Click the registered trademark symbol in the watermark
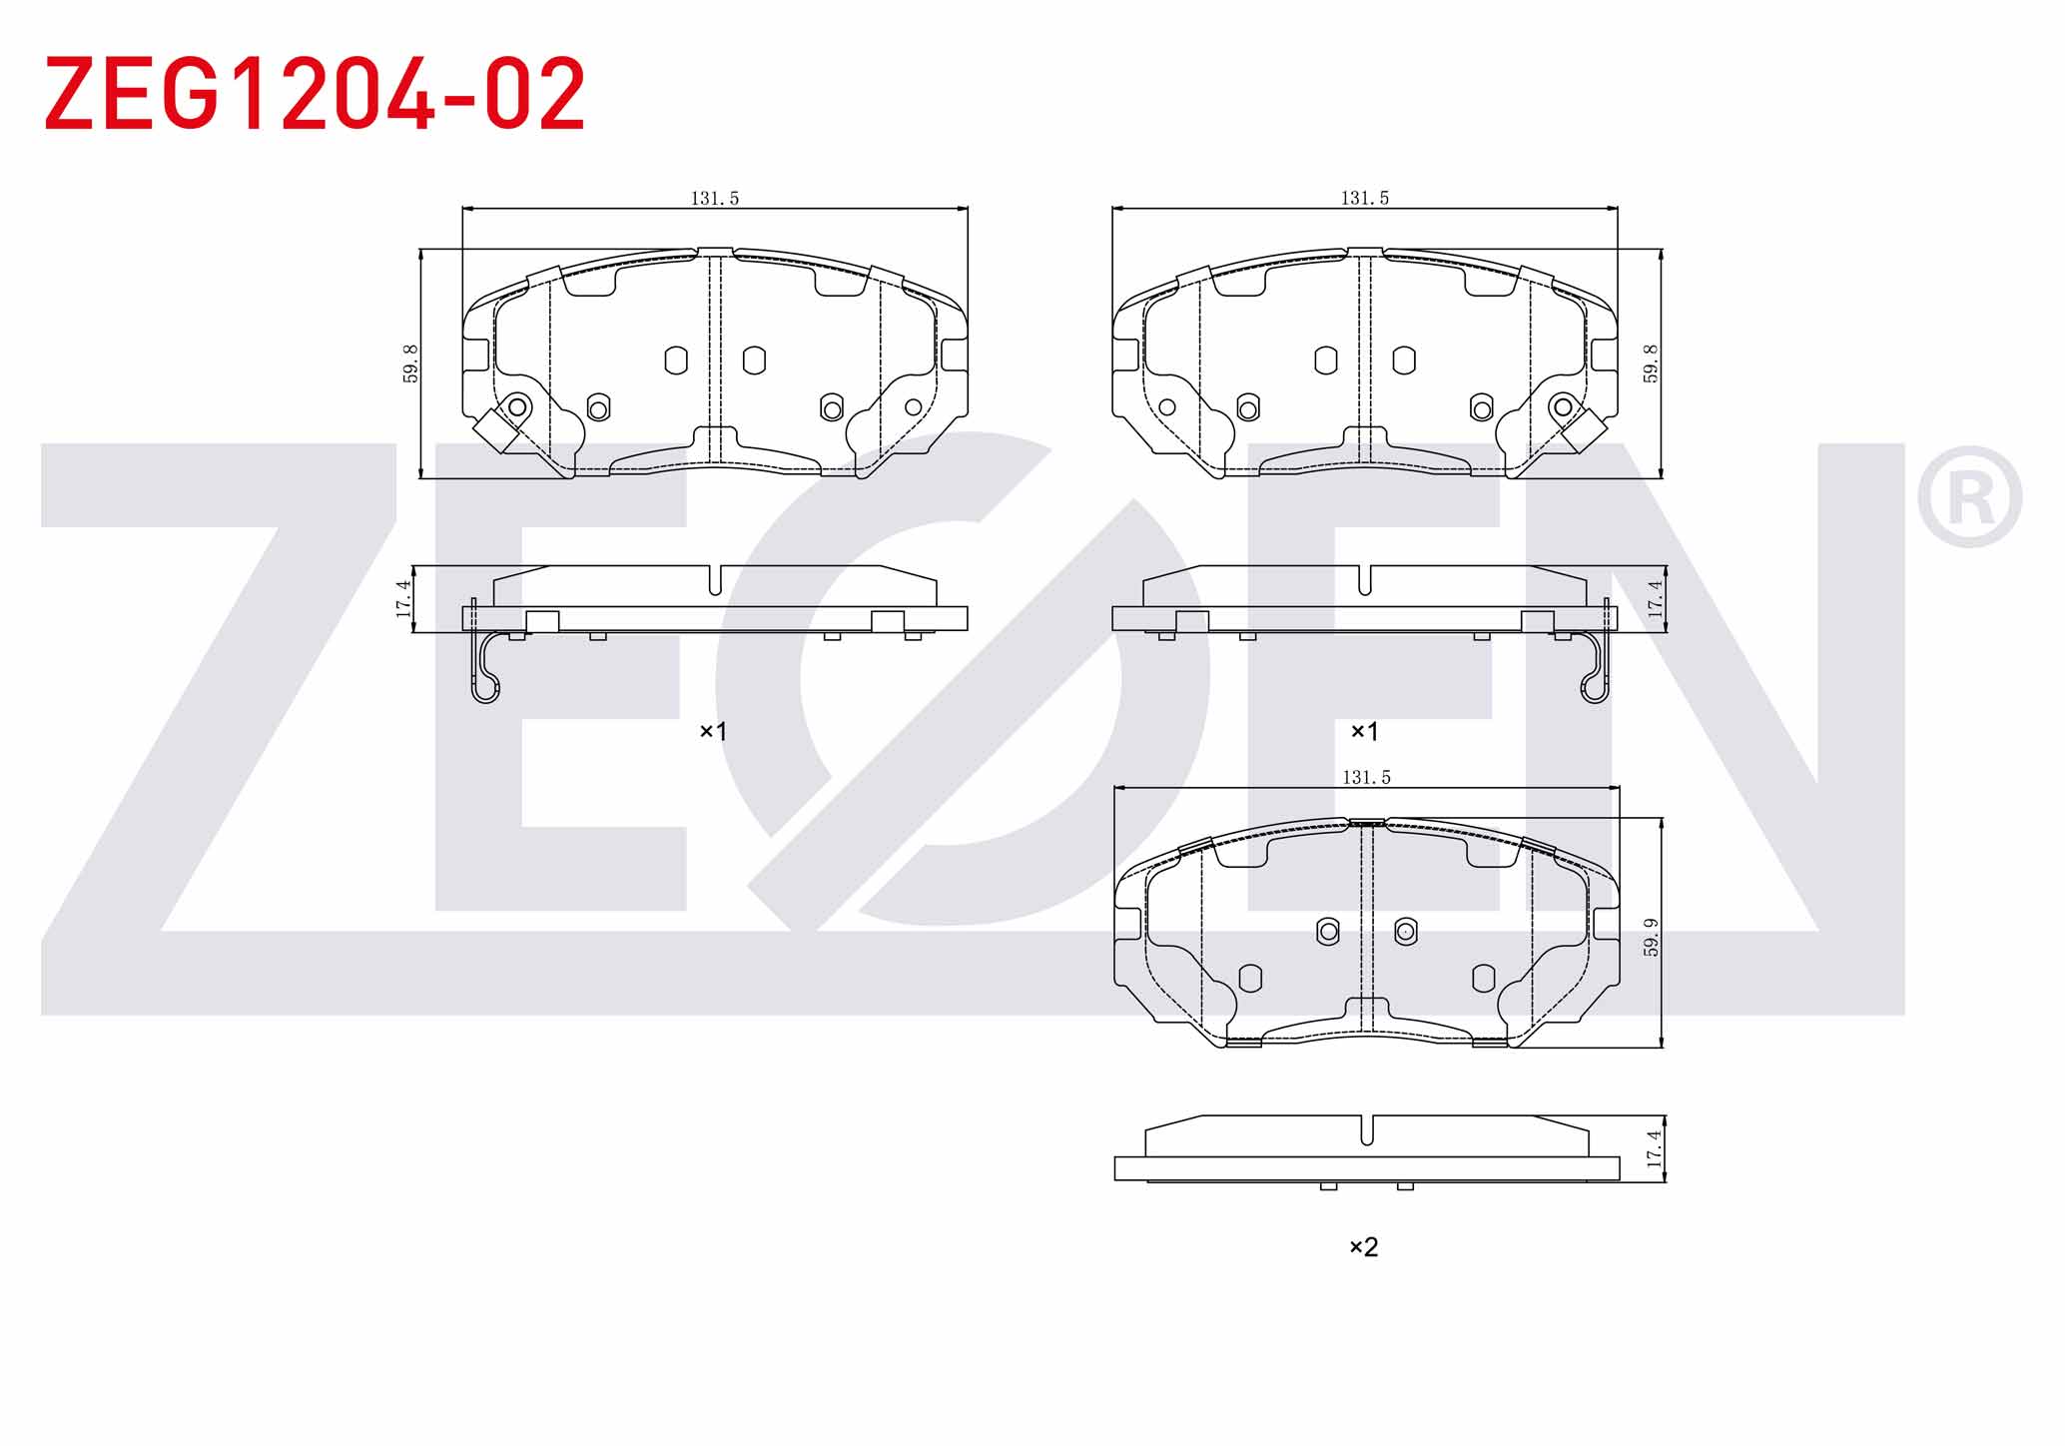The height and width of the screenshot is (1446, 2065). pyautogui.click(x=1969, y=497)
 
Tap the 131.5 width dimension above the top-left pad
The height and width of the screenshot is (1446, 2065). pyautogui.click(x=715, y=198)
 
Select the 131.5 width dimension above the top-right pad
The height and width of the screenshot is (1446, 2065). pyautogui.click(x=1365, y=198)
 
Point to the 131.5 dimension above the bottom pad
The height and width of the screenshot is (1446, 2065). pyautogui.click(x=1366, y=777)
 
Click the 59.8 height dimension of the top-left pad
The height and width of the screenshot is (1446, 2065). pyautogui.click(x=410, y=363)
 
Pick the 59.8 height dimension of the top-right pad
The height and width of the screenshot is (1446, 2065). pyautogui.click(x=1651, y=363)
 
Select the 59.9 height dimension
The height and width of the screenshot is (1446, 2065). pyautogui.click(x=1652, y=937)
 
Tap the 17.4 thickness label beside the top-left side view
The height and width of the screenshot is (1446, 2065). pyautogui.click(x=403, y=598)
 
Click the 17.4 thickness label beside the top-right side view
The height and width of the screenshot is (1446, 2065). pyautogui.click(x=1655, y=598)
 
